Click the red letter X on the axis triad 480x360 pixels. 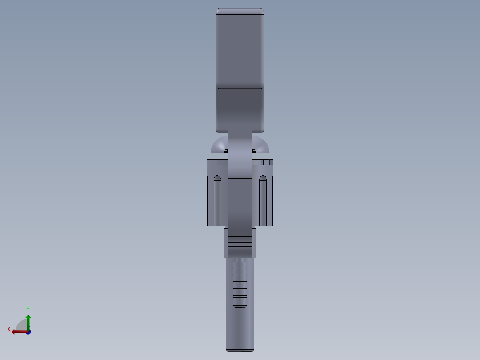[x=9, y=329]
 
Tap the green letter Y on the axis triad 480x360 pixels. [x=28, y=309]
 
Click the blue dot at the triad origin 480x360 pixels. [x=28, y=332]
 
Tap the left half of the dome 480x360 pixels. [x=219, y=146]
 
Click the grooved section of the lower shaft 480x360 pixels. [x=240, y=282]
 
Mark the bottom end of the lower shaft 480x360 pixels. [x=240, y=348]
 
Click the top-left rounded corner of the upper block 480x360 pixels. [x=218, y=11]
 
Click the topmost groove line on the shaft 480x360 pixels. [x=240, y=262]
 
